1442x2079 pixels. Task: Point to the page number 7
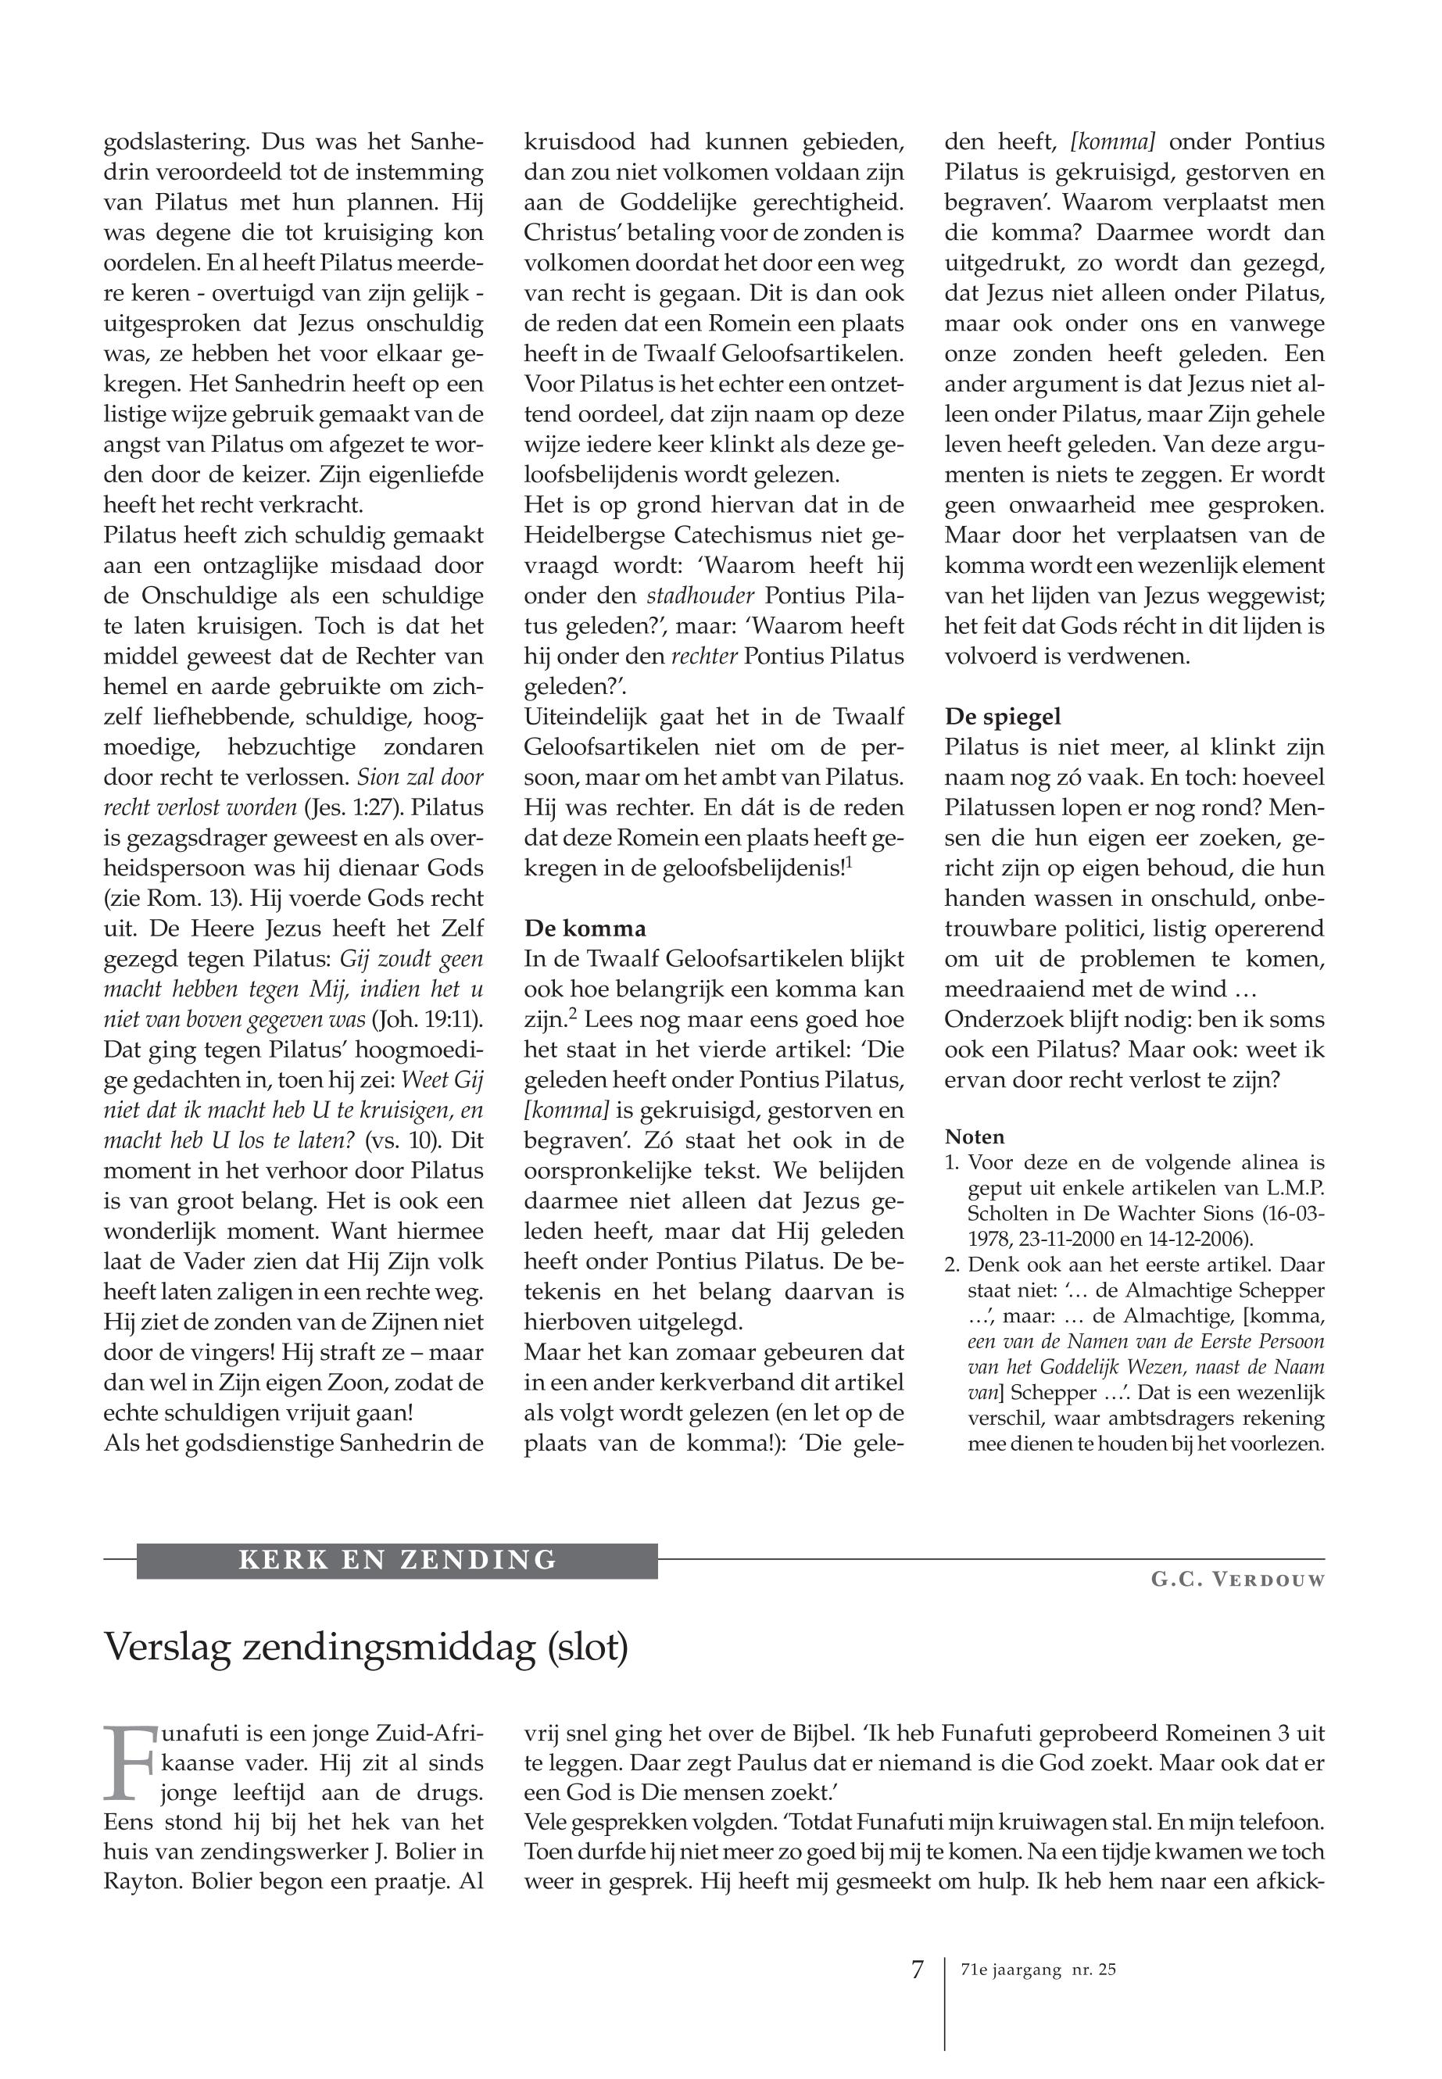[917, 1970]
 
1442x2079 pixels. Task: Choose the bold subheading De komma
[585, 929]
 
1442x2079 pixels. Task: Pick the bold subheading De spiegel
[1003, 717]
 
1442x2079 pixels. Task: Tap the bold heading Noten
[974, 1136]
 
